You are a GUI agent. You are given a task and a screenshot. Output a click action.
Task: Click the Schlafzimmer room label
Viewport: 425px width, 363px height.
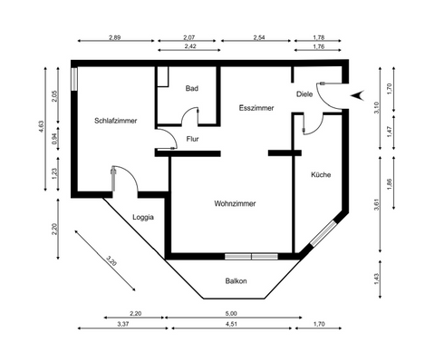click(x=115, y=121)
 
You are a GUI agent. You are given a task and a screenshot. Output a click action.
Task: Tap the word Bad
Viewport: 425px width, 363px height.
click(x=192, y=88)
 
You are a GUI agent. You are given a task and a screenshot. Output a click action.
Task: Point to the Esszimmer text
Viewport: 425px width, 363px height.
click(x=245, y=106)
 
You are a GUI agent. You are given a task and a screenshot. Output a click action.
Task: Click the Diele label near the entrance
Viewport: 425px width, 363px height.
click(x=305, y=93)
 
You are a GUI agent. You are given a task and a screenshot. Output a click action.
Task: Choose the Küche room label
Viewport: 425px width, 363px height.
click(x=321, y=174)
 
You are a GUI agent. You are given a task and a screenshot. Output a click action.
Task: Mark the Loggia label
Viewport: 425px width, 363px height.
click(x=143, y=218)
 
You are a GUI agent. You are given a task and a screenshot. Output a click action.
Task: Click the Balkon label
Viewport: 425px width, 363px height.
click(x=237, y=280)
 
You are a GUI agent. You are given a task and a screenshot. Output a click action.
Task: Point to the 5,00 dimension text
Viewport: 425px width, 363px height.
click(x=231, y=313)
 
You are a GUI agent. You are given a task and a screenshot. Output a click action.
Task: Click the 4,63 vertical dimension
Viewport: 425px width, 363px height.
click(x=54, y=127)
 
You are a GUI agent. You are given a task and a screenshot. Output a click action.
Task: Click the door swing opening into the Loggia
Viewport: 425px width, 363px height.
click(x=121, y=179)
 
